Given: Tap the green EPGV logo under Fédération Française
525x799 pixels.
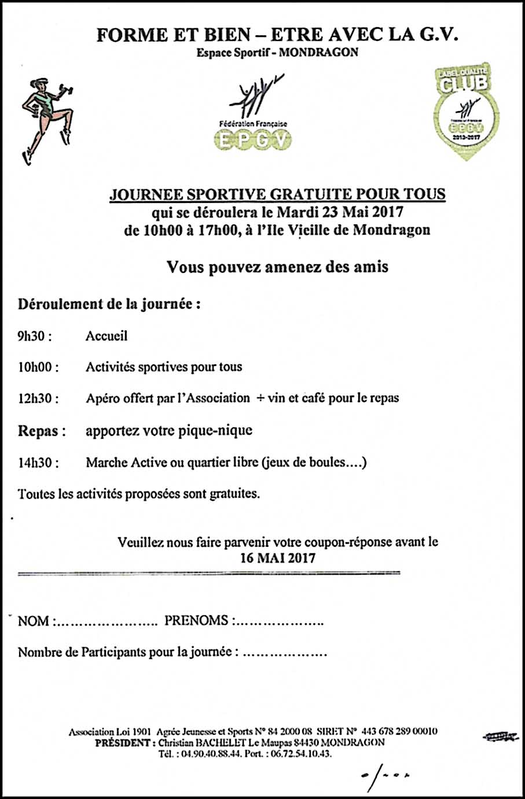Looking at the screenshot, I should click(253, 140).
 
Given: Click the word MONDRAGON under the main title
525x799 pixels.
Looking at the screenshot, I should click(329, 53).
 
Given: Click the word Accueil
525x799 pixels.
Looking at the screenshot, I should click(107, 336).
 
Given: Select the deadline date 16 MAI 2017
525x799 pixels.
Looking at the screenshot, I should click(278, 558).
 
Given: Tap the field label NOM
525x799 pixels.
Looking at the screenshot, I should click(34, 621).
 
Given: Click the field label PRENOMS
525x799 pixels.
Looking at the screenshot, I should click(197, 621).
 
